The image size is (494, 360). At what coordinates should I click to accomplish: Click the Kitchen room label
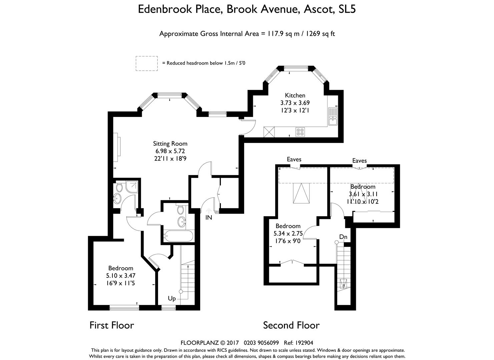[295, 95]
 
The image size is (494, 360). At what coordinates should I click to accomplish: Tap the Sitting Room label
[170, 144]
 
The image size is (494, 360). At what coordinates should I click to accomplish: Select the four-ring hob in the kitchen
[300, 132]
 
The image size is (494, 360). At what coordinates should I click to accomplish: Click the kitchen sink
[333, 116]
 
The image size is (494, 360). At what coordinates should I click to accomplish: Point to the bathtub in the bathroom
[178, 236]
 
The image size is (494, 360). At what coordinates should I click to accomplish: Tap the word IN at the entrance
[208, 218]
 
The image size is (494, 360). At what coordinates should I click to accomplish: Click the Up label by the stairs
[172, 299]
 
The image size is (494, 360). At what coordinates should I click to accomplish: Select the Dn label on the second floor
[343, 237]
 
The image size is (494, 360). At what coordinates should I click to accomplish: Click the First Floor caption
[112, 325]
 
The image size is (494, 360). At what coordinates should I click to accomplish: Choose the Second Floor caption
[291, 325]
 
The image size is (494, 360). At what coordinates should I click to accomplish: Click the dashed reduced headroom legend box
[147, 63]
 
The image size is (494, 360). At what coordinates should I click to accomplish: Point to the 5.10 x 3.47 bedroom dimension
[121, 276]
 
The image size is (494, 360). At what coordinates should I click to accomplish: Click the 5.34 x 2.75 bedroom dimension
[288, 233]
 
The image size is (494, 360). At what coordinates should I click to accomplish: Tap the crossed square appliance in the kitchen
[269, 132]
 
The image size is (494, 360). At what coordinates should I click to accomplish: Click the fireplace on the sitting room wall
[117, 147]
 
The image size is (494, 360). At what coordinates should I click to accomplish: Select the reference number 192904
[304, 343]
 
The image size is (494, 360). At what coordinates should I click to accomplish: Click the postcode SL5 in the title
[347, 9]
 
